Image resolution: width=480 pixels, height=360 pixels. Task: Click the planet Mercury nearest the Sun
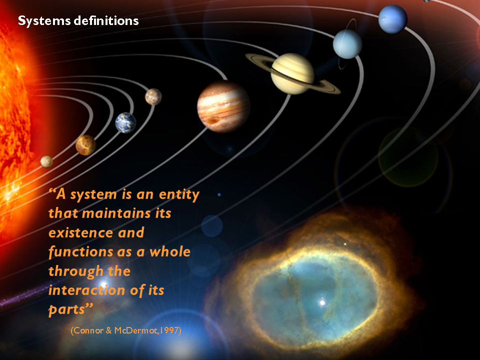(x=46, y=161)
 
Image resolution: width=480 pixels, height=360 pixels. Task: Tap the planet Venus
(x=85, y=145)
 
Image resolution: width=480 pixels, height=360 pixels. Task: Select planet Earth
(x=125, y=123)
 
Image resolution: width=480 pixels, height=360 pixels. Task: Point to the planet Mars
(x=153, y=96)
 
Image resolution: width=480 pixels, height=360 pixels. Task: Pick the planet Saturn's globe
(x=292, y=74)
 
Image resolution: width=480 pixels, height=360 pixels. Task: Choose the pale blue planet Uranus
(x=347, y=44)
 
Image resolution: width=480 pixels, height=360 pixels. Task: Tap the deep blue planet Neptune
(x=393, y=19)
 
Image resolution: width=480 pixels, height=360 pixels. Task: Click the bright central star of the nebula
(x=322, y=303)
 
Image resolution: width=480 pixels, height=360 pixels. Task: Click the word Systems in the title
(x=44, y=21)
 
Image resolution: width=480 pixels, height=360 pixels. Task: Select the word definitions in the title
(x=106, y=20)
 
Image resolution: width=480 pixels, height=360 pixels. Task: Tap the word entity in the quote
(x=179, y=194)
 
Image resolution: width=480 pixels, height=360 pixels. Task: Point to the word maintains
(x=116, y=213)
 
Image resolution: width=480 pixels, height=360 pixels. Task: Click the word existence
(x=81, y=233)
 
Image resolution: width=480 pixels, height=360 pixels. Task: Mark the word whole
(x=170, y=251)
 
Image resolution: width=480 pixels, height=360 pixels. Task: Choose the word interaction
(x=86, y=290)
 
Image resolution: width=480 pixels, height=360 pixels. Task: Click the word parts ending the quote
(x=66, y=310)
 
